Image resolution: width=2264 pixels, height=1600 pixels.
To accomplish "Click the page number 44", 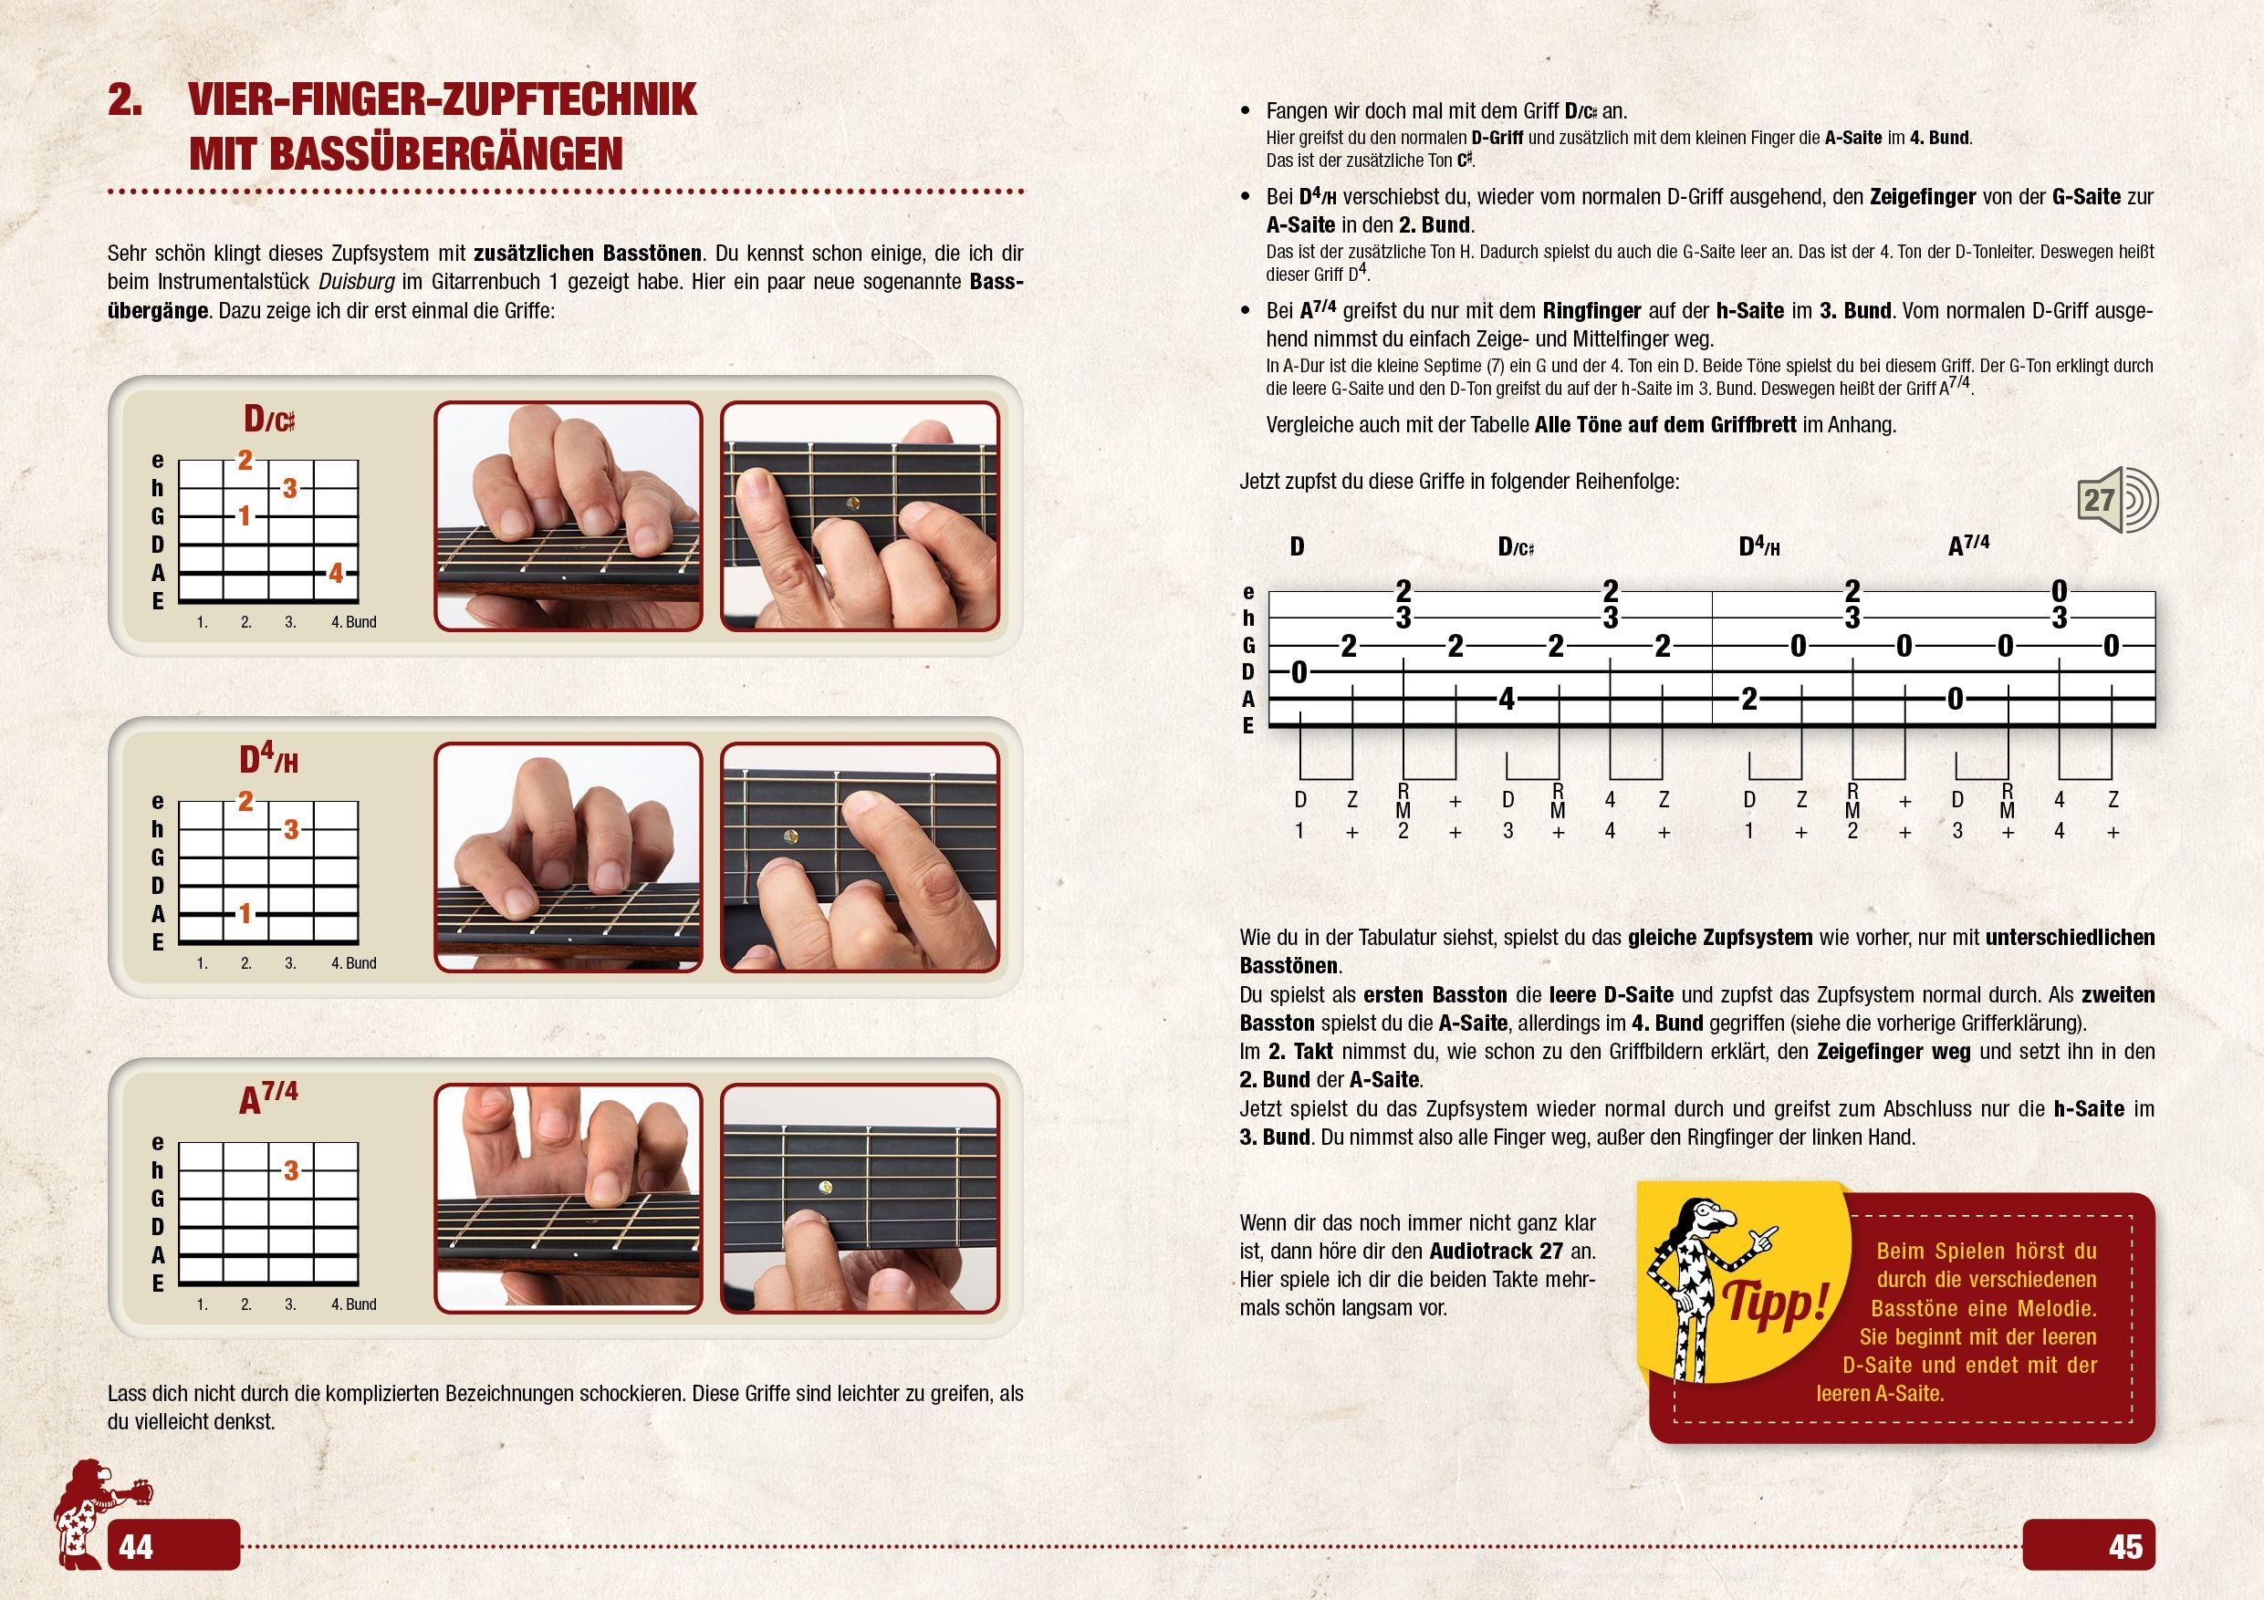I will point(136,1547).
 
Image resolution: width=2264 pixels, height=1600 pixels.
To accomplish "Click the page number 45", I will point(2126,1547).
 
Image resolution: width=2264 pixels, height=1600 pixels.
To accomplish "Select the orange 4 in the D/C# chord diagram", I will point(335,573).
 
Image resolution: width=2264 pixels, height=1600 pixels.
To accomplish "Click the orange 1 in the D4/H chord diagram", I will point(245,914).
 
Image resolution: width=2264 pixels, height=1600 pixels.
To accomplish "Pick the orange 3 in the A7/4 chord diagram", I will point(291,1171).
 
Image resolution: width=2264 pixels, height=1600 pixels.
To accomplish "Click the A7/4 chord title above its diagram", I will point(268,1098).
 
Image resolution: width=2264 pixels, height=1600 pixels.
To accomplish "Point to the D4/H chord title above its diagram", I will point(268,759).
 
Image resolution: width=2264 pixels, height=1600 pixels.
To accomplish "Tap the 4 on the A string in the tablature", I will point(1506,699).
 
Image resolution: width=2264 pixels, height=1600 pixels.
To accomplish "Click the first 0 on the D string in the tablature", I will point(1299,673).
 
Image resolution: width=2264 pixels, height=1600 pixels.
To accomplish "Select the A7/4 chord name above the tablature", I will point(1968,545).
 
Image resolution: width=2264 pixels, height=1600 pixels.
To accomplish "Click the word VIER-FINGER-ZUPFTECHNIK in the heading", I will point(442,100).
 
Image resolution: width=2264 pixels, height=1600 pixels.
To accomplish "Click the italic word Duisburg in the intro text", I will point(358,282).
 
